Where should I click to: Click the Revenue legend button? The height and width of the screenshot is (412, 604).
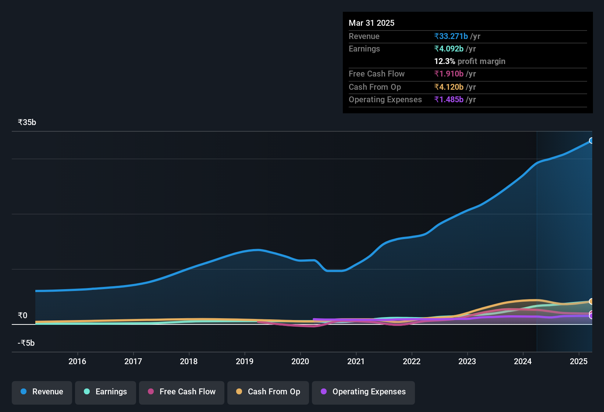tap(42, 392)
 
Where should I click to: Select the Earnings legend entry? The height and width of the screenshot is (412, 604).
tap(106, 392)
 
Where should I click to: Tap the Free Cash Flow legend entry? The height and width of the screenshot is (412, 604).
tap(182, 392)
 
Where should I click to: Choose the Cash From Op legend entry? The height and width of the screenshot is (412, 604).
tap(268, 392)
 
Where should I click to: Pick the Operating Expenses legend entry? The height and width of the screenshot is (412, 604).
tap(363, 392)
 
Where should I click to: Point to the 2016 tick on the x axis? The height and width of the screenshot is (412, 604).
tap(77, 361)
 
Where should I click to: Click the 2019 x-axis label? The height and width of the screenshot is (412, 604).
tap(245, 361)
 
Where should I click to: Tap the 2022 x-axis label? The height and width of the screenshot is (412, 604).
tap(412, 361)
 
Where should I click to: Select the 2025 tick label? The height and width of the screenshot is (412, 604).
tap(579, 361)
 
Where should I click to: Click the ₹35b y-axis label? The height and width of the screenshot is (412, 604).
tap(27, 122)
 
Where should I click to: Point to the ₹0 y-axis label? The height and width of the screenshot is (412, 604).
tap(22, 316)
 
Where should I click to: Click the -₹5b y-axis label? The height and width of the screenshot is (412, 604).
tap(26, 343)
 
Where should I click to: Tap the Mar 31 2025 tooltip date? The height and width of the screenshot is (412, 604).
tap(372, 23)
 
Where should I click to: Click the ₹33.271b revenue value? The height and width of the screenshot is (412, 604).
tap(451, 36)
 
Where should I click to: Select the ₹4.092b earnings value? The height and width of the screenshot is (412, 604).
tap(449, 49)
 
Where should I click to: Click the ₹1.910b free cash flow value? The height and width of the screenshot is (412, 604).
tap(449, 74)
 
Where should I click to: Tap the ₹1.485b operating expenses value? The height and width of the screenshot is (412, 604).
tap(449, 99)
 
